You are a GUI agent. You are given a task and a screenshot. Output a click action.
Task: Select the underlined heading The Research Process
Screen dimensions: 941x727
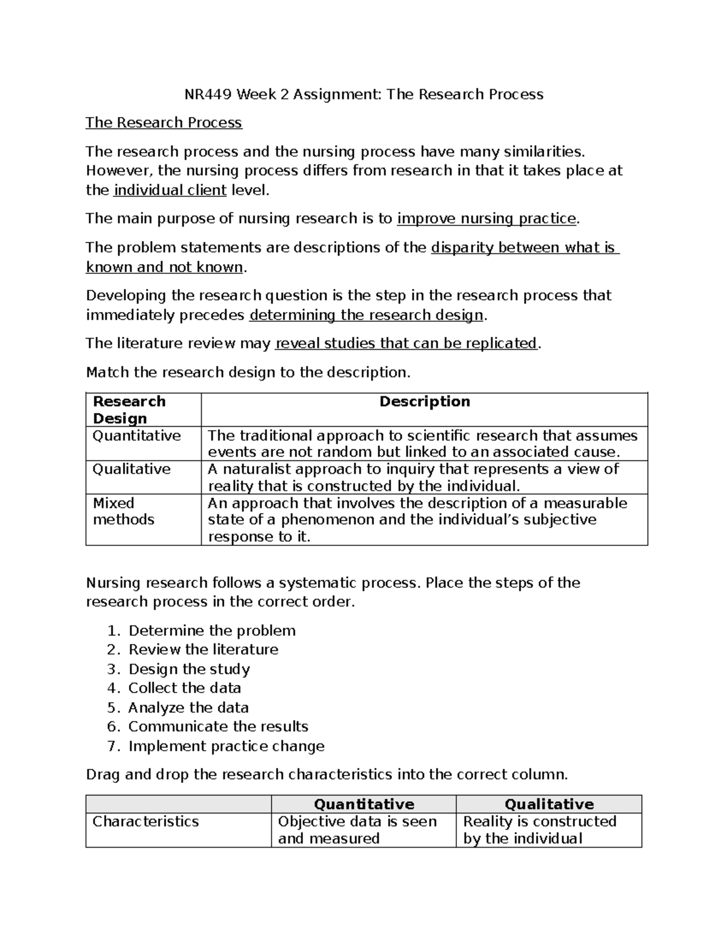click(x=164, y=123)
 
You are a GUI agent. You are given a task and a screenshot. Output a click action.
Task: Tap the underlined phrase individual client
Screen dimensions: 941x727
click(x=170, y=190)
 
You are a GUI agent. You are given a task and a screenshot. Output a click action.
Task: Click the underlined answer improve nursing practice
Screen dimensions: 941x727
click(x=486, y=219)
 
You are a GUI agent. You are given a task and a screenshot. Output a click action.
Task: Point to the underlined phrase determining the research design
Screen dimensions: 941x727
click(x=366, y=315)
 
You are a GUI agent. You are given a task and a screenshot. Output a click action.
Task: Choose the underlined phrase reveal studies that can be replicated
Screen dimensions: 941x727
click(x=406, y=344)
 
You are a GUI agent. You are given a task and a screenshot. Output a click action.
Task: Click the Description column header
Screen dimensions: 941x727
click(x=424, y=402)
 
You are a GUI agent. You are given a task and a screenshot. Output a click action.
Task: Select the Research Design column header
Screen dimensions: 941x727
click(x=129, y=410)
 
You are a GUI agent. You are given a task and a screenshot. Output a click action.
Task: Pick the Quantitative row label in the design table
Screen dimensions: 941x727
click(x=136, y=436)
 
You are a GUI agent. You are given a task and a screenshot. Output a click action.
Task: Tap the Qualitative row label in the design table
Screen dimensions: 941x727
click(x=131, y=469)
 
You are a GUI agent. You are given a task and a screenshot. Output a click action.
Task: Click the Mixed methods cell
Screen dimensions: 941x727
click(x=124, y=511)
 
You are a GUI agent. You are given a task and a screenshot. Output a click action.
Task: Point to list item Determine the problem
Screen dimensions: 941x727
click(x=212, y=631)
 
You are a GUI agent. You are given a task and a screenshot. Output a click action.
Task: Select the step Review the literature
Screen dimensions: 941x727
click(x=204, y=650)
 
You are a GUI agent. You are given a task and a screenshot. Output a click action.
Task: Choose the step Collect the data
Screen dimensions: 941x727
click(x=185, y=688)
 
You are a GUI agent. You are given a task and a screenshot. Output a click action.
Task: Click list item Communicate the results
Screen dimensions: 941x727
click(x=218, y=727)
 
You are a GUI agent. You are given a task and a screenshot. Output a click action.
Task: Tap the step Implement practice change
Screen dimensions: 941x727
click(x=226, y=746)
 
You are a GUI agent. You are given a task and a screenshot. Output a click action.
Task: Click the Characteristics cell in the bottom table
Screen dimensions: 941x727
click(x=145, y=822)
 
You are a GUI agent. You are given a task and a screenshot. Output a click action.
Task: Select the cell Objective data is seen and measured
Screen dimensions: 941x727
click(x=357, y=830)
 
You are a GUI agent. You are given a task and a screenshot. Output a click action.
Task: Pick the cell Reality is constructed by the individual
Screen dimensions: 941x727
click(x=539, y=830)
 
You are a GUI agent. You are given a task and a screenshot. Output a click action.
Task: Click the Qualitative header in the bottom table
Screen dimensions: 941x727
click(x=549, y=804)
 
